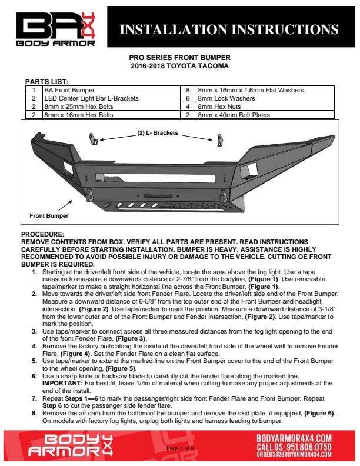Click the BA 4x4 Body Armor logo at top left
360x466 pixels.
[55, 29]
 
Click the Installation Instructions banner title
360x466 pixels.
[229, 29]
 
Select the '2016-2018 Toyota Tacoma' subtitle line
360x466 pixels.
[179, 66]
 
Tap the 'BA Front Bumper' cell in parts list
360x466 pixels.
[69, 90]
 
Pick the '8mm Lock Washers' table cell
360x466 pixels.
[226, 98]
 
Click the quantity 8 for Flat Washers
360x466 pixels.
[188, 90]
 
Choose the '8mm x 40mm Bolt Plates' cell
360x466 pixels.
[234, 115]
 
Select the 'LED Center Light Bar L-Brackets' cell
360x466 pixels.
[92, 98]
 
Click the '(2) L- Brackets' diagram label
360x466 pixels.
[158, 133]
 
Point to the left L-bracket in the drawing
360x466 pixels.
[94, 139]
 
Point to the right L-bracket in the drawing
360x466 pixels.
[220, 140]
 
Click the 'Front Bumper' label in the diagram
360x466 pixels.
[49, 216]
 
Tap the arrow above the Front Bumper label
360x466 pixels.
[65, 205]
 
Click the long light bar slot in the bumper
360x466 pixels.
[155, 178]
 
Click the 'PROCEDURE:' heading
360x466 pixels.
[43, 234]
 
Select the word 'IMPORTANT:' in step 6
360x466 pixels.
[62, 384]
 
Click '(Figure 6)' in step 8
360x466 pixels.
[319, 413]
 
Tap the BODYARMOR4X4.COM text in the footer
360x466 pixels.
[294, 438]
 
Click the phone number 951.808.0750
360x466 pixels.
[309, 447]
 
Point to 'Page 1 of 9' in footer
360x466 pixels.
[180, 448]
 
